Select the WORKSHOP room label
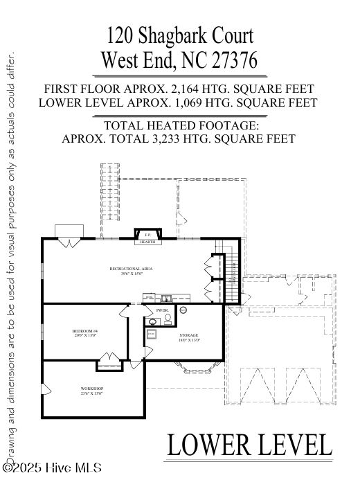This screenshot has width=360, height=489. [91, 391]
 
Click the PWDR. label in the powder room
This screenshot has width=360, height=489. [162, 311]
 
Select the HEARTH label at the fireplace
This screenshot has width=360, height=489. [147, 242]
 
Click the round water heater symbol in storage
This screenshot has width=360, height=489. [184, 311]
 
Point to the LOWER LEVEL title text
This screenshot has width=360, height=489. [249, 445]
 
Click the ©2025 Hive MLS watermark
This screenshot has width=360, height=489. [53, 468]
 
